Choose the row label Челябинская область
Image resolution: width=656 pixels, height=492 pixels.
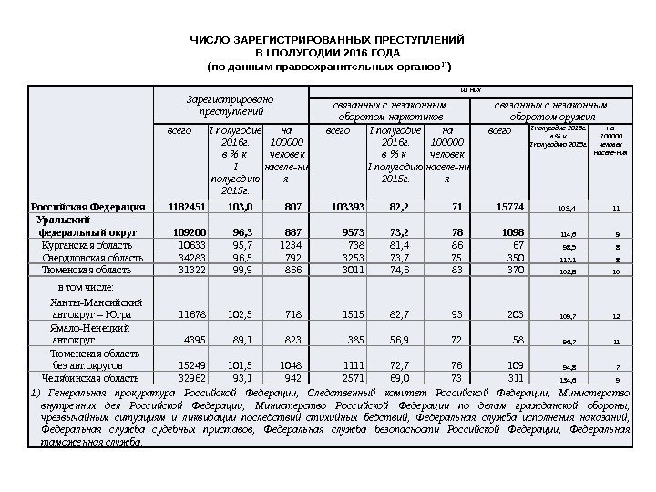click(83, 376)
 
